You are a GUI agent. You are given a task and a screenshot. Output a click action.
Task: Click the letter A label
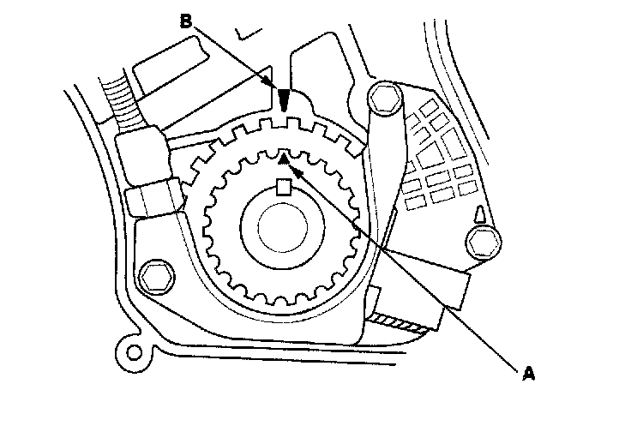[x=529, y=373]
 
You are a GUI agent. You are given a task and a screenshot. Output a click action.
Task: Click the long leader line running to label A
[x=412, y=270]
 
